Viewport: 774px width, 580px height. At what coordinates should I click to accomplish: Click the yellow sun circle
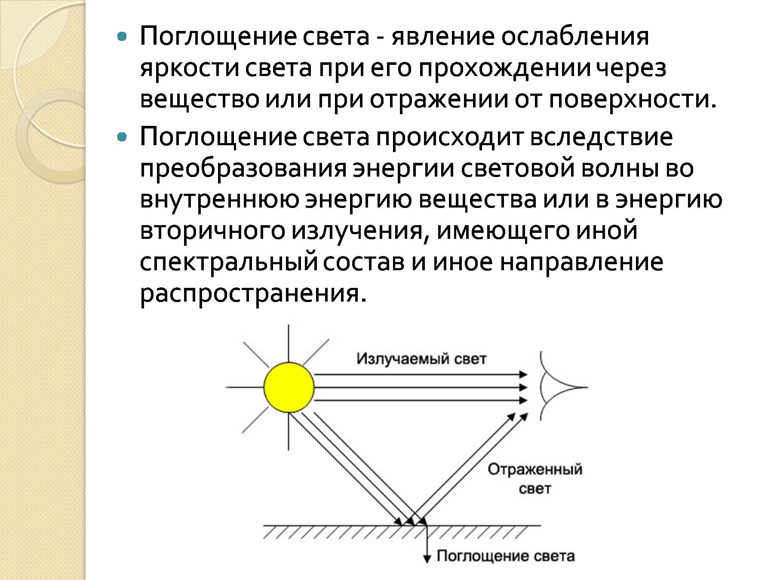(289, 388)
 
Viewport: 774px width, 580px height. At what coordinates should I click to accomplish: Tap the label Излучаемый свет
(421, 359)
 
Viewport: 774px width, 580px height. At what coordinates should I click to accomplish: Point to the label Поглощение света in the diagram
(506, 556)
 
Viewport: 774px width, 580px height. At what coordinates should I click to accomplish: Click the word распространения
(253, 294)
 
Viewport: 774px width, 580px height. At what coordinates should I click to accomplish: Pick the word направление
(581, 263)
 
